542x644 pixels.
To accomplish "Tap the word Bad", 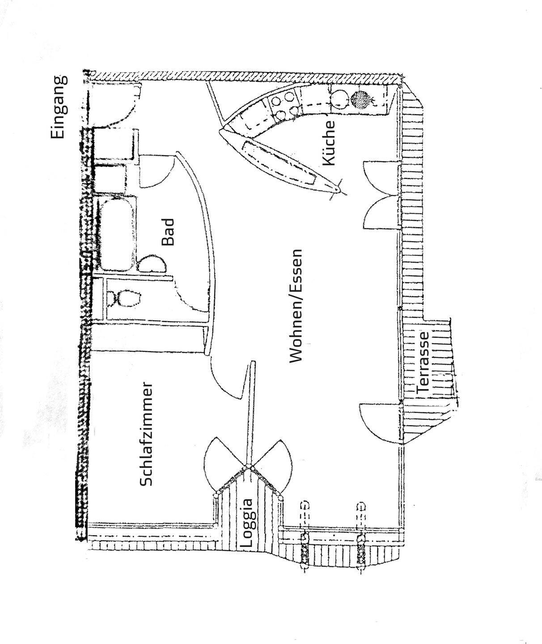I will click(x=168, y=232).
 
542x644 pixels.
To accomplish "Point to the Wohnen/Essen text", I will click(x=296, y=306).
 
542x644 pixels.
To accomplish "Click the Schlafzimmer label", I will click(x=147, y=434).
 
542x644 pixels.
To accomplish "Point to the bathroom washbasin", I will click(x=151, y=265).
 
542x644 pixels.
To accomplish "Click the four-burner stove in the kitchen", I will click(x=285, y=106).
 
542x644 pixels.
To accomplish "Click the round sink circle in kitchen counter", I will click(x=339, y=99).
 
